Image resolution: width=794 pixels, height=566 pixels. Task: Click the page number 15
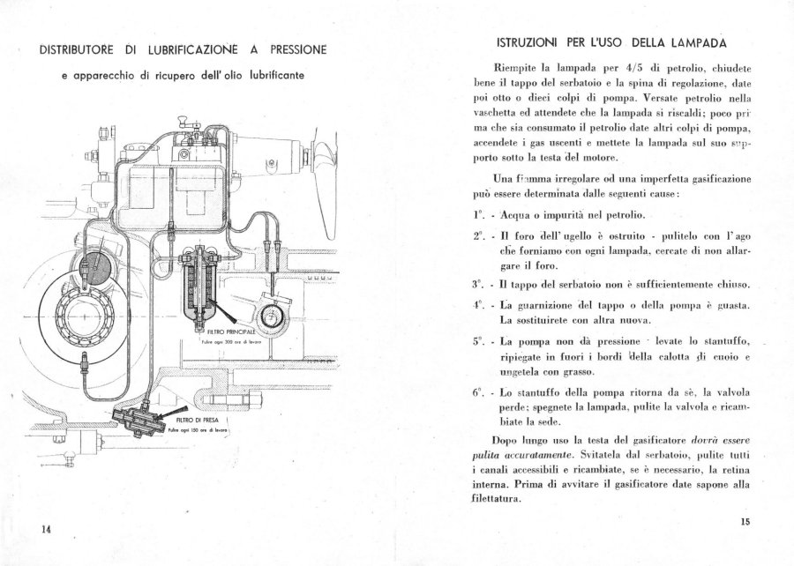tap(745, 522)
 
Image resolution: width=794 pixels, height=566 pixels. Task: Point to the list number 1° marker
tap(478, 214)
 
